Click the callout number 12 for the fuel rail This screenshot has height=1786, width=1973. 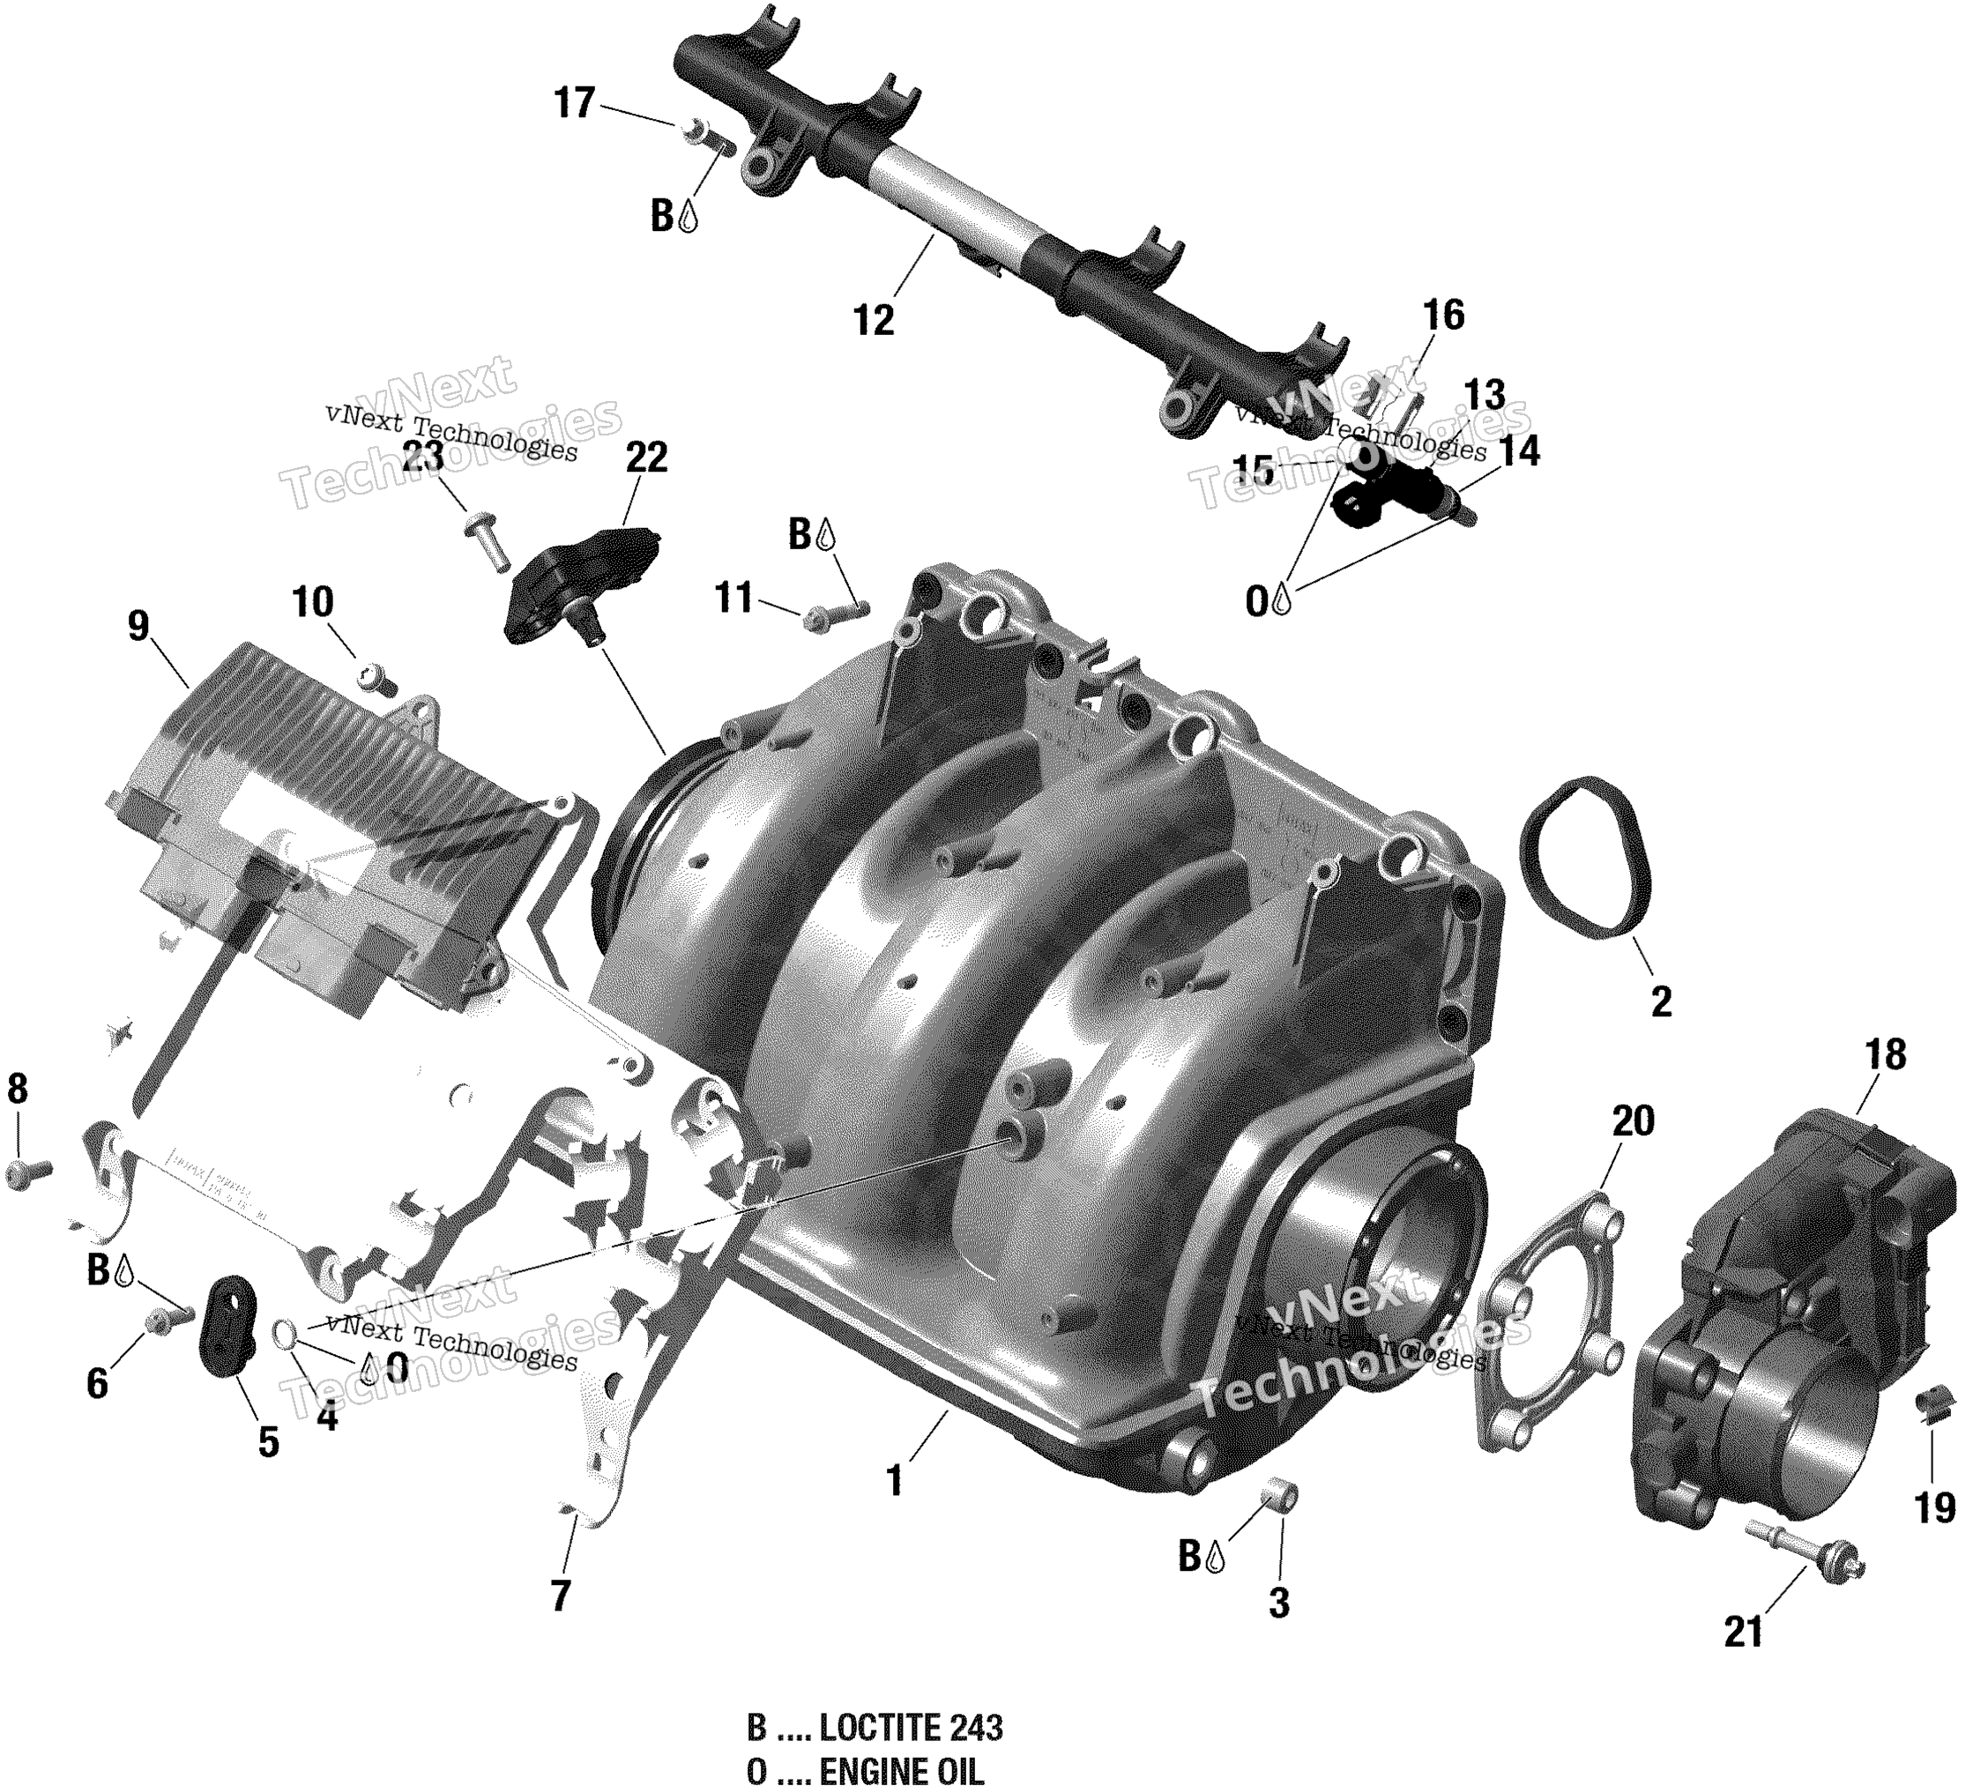click(873, 320)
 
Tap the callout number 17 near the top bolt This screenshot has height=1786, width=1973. click(575, 103)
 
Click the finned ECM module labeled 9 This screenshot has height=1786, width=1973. click(294, 852)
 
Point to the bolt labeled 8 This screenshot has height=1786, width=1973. click(27, 1172)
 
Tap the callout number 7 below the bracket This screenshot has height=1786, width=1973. click(560, 1596)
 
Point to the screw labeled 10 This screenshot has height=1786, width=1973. click(376, 676)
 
